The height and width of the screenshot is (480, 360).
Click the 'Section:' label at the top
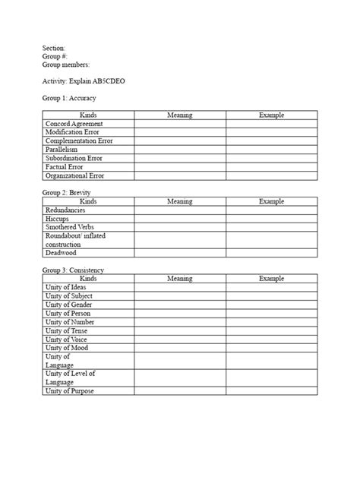click(54, 48)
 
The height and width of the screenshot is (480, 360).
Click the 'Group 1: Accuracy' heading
click(69, 98)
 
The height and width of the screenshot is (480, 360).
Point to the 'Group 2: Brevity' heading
click(67, 193)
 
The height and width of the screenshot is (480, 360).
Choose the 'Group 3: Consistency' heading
click(74, 270)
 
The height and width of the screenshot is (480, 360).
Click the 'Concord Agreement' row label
click(74, 124)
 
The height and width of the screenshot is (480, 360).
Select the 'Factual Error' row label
click(65, 167)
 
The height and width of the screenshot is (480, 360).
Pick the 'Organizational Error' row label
click(74, 175)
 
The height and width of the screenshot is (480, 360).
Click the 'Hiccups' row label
click(58, 219)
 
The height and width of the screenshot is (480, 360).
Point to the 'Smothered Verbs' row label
click(70, 227)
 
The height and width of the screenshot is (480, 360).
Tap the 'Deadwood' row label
click(62, 254)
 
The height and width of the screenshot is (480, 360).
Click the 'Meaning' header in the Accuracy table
click(179, 115)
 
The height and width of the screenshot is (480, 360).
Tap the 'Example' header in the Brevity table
click(271, 201)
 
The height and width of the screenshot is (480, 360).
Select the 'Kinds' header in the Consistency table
click(88, 279)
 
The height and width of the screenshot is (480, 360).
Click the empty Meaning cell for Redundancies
click(179, 210)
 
